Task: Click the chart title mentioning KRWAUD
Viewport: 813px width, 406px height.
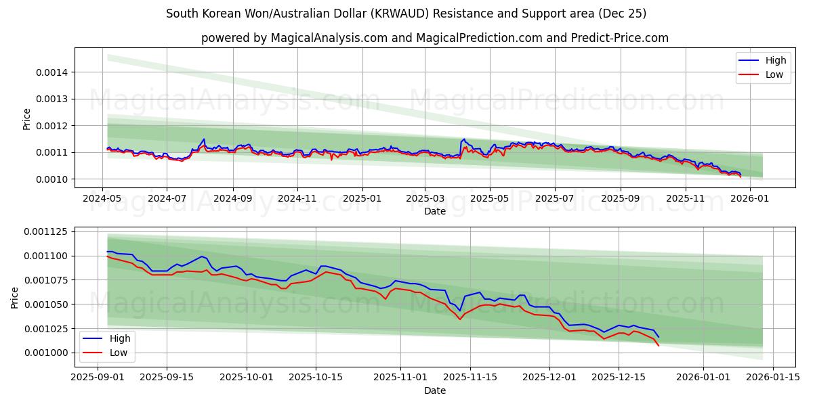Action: point(406,14)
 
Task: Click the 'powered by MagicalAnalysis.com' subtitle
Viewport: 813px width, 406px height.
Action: point(434,38)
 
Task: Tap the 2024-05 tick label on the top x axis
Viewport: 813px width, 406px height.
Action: point(102,199)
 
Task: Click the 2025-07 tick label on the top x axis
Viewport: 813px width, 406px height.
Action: point(555,199)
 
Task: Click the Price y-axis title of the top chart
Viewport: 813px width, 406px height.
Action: point(27,119)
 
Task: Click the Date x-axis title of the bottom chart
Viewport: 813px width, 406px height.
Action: point(434,390)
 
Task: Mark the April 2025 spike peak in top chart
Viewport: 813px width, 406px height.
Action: point(464,139)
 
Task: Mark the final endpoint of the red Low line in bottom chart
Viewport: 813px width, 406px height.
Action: point(659,346)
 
